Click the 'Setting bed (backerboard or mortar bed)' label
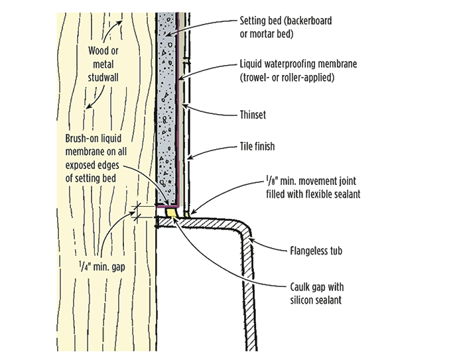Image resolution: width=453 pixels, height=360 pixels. coord(286,27)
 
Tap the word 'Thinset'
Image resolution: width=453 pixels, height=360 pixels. coord(253,115)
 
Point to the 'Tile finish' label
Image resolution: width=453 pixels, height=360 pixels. coord(257,147)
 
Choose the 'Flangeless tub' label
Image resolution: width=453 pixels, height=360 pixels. coord(316,251)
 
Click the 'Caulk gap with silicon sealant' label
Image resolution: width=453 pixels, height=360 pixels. coord(317,294)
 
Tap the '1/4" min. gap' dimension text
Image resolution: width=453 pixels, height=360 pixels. coord(102,267)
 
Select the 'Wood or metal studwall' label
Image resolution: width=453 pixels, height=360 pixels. coord(103,64)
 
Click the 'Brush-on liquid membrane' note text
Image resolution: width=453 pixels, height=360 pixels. coord(96,158)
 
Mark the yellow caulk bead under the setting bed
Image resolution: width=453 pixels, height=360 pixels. coord(172,213)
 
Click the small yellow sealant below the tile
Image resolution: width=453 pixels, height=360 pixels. coord(188,215)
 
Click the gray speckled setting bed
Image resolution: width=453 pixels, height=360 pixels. coord(167,109)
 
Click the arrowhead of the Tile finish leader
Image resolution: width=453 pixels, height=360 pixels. coord(190,156)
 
